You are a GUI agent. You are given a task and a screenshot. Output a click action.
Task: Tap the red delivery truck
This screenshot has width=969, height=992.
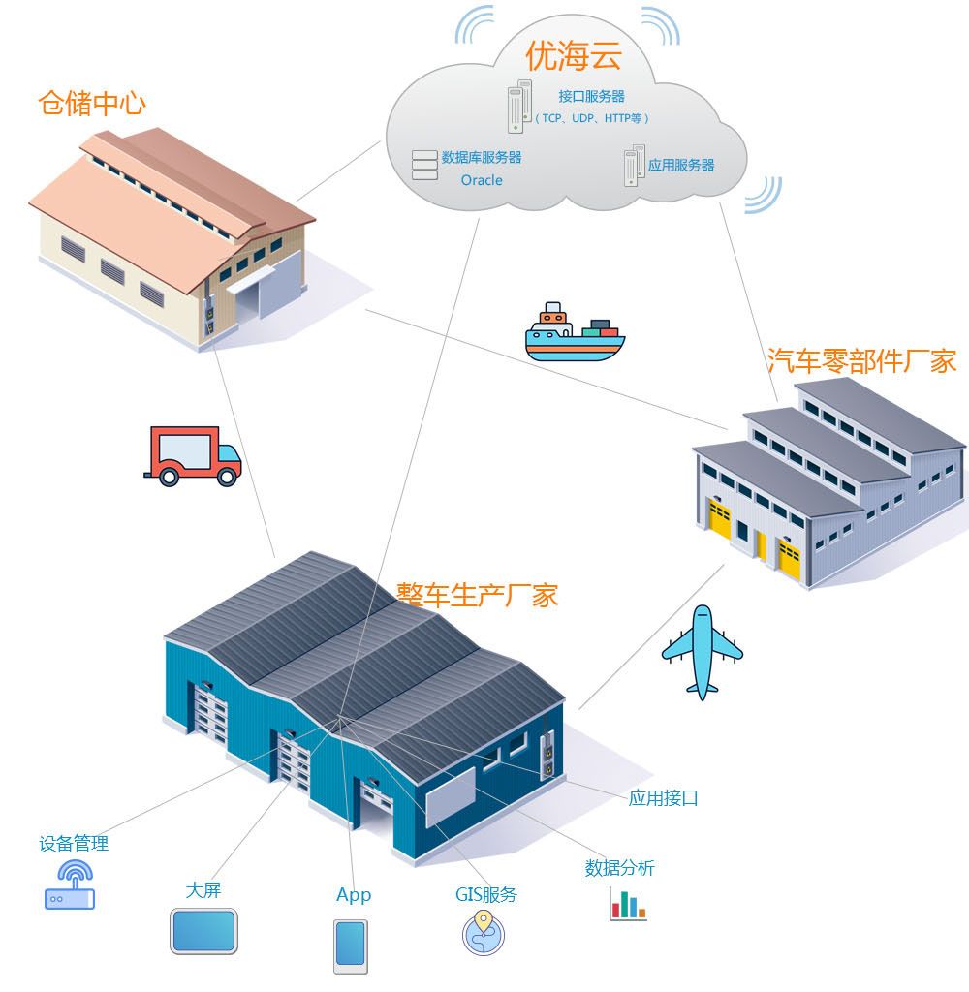192,455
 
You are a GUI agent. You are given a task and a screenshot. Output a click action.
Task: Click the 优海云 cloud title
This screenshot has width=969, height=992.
573,55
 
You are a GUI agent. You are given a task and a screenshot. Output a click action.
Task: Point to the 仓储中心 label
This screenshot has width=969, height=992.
92,103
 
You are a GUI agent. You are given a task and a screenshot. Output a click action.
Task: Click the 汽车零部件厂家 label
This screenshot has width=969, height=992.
861,360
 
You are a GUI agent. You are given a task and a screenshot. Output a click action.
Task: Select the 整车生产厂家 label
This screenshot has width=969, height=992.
478,593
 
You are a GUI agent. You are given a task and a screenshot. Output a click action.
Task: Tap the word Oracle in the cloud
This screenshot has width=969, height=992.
482,180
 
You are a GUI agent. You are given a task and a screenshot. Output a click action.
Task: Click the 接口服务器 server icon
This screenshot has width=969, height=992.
520,107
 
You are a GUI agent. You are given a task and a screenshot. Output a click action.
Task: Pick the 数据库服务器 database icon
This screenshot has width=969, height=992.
423,166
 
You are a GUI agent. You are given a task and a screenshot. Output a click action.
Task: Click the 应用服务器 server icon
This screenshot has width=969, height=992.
634,166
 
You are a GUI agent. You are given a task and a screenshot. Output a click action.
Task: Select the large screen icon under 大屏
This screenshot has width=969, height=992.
203,930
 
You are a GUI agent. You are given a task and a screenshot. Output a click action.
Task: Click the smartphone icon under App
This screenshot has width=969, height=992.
351,945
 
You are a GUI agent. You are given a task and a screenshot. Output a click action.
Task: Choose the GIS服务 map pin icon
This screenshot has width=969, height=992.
483,933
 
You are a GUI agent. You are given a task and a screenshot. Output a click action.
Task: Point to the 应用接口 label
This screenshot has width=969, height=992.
663,798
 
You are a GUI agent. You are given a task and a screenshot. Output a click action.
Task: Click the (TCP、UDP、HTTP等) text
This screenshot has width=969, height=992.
591,118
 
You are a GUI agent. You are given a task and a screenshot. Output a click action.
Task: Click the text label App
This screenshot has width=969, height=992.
353,894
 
